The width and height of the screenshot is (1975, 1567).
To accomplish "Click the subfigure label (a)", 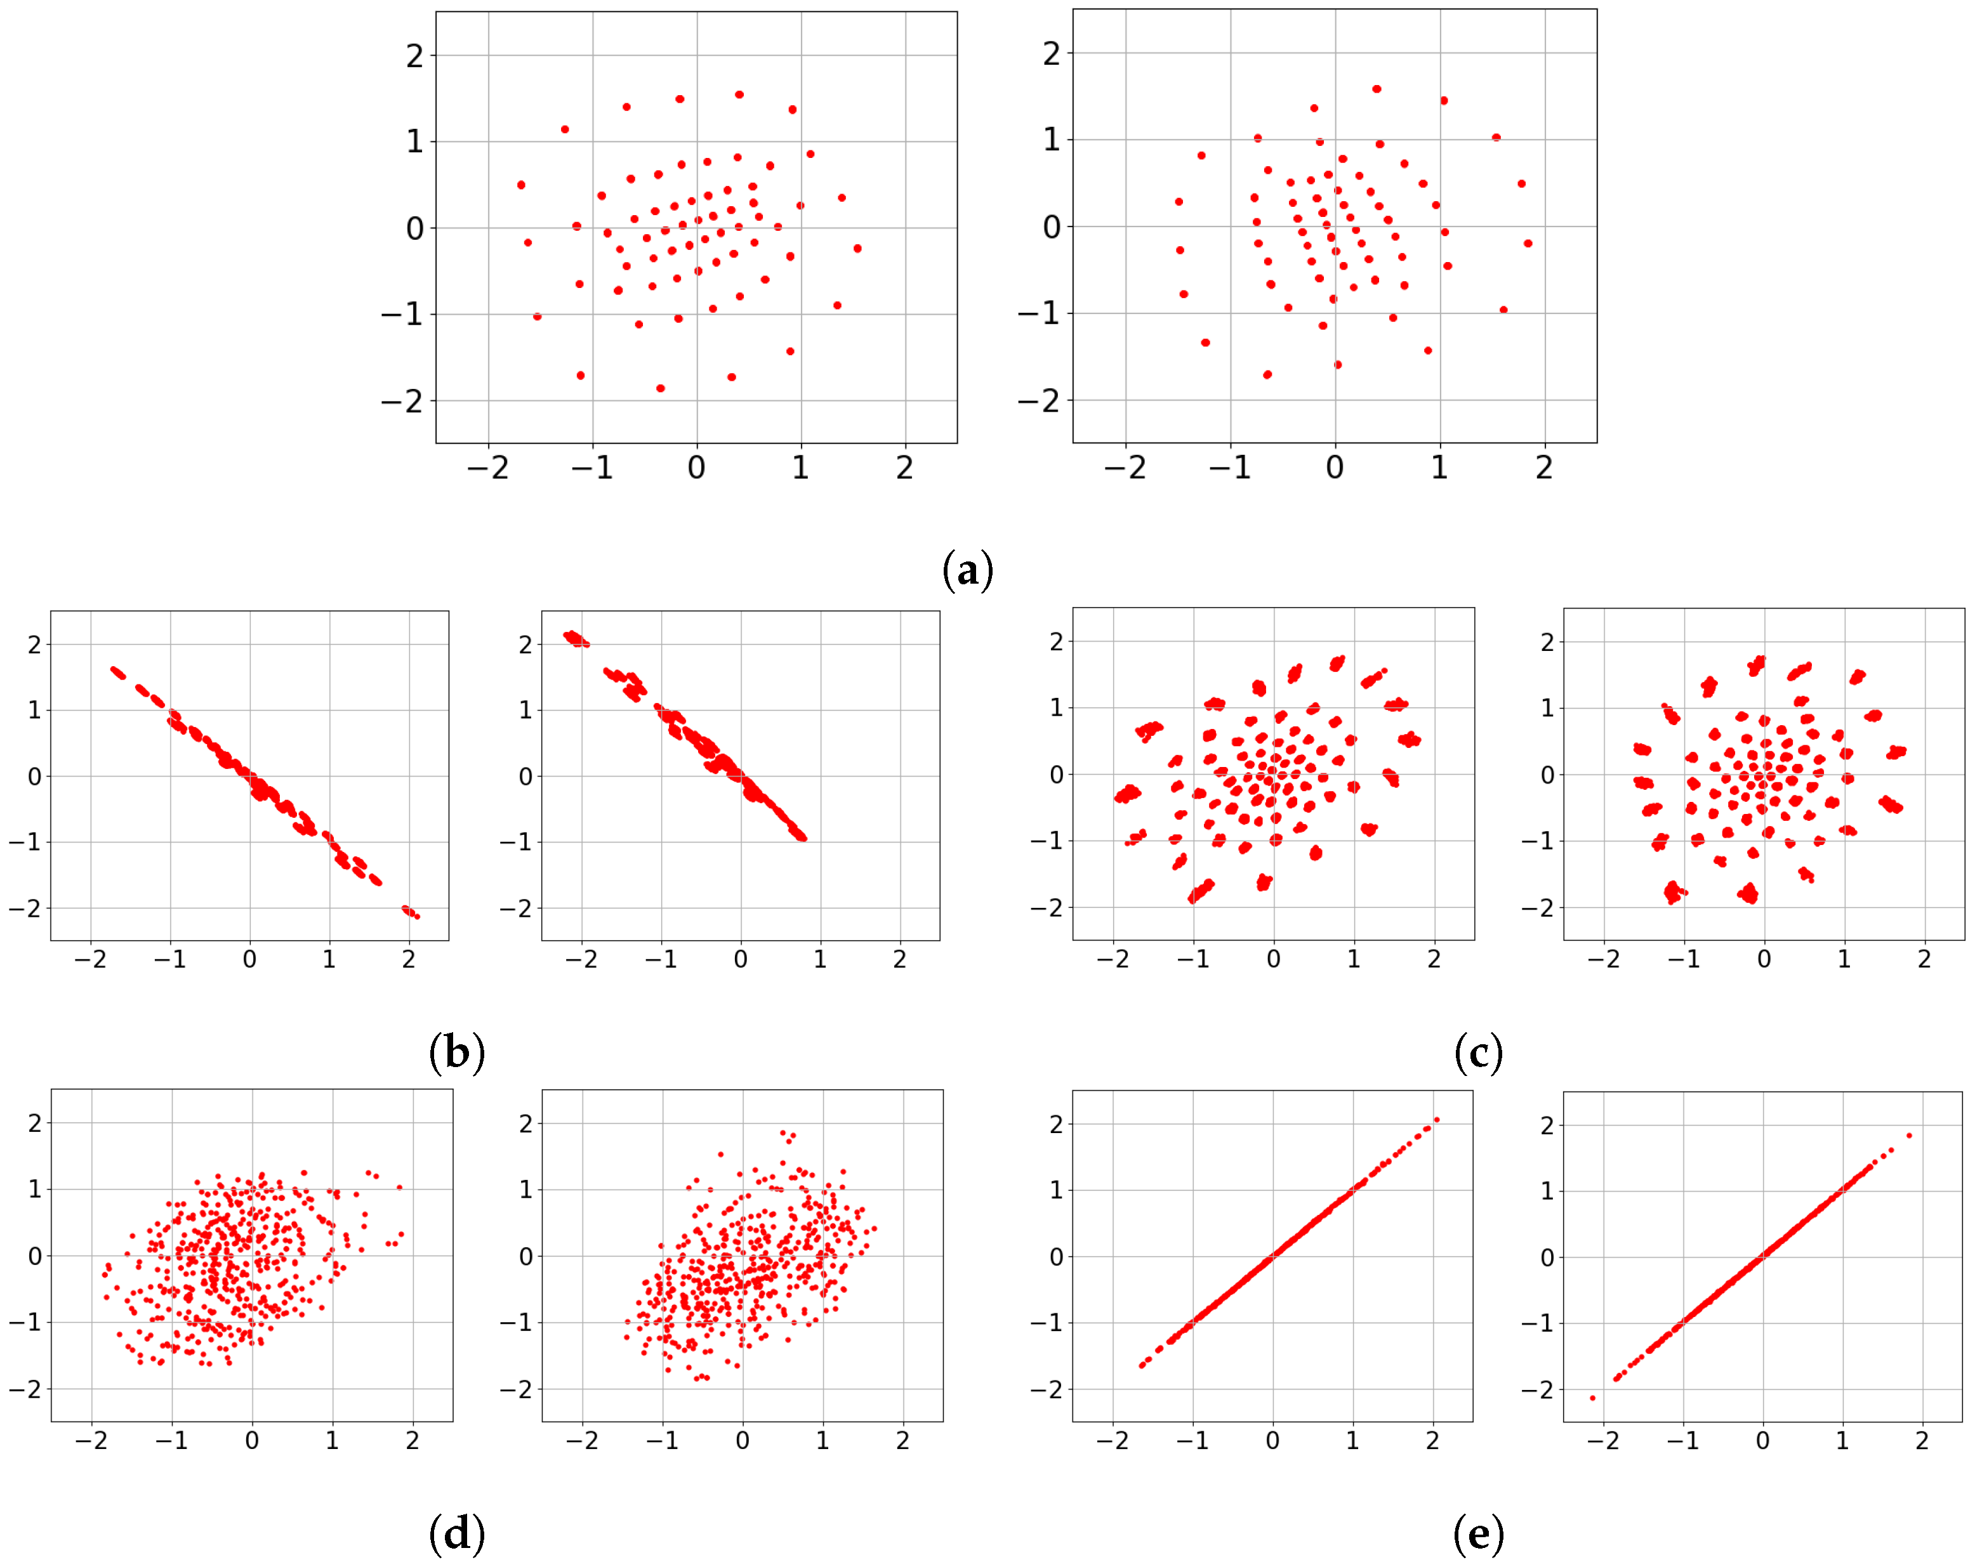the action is point(967,570).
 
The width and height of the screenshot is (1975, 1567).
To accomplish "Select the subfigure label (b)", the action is point(456,1052).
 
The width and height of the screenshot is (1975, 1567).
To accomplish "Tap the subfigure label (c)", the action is point(1479,1052).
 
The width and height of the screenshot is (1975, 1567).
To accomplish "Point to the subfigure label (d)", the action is point(456,1533).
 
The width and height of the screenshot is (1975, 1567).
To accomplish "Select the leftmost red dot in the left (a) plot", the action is point(521,185).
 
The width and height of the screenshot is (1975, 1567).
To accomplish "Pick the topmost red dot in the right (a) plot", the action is point(1377,89).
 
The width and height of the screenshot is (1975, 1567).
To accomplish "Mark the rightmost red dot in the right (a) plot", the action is point(1528,244).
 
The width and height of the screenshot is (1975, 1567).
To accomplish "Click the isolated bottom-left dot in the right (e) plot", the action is point(1593,1398).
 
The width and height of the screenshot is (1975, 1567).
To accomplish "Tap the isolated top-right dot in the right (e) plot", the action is point(1909,1136).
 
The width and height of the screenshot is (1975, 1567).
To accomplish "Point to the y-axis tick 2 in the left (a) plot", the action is point(415,56).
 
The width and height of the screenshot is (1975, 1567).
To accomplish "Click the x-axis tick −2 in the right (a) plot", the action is point(1125,468).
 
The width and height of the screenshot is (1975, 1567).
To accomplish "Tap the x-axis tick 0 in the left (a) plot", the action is point(696,468).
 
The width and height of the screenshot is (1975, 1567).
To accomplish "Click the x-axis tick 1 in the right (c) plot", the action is point(1844,959).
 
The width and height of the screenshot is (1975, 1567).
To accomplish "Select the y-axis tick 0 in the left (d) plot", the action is point(35,1256).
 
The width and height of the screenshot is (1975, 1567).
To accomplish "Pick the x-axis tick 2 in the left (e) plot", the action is point(1432,1441).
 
